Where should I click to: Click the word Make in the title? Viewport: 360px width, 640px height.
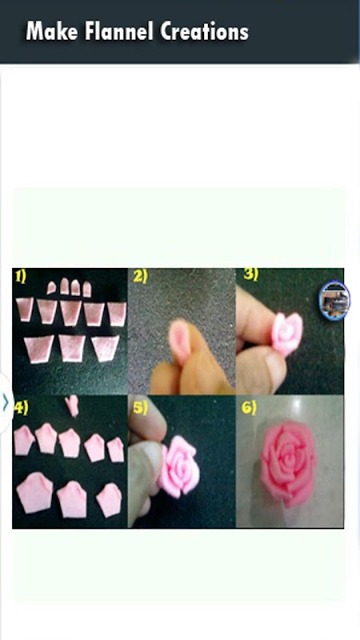click(x=51, y=31)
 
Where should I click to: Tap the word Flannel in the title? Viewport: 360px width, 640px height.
click(x=118, y=31)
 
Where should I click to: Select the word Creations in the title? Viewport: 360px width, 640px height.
click(x=204, y=31)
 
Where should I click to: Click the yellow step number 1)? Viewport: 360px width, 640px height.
click(x=21, y=277)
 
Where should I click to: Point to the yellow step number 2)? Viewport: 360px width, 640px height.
click(x=140, y=277)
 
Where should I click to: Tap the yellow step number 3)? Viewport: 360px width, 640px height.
click(x=250, y=274)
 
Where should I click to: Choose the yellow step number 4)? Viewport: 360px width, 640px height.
click(x=21, y=408)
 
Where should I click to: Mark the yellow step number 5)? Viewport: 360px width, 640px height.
click(x=139, y=408)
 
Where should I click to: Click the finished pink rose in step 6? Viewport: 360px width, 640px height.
click(x=288, y=463)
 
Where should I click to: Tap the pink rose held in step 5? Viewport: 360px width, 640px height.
click(x=178, y=466)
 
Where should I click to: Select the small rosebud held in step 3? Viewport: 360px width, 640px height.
click(x=287, y=333)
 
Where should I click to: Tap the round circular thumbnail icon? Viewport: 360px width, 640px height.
click(x=334, y=301)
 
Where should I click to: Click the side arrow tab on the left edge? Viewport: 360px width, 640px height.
click(x=6, y=403)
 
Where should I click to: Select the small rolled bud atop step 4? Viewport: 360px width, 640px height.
click(x=73, y=406)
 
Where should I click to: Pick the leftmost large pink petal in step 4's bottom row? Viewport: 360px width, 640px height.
click(x=35, y=493)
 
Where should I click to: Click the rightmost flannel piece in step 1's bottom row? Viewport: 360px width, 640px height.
click(x=106, y=348)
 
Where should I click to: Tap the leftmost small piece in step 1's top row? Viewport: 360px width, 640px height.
click(x=51, y=288)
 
